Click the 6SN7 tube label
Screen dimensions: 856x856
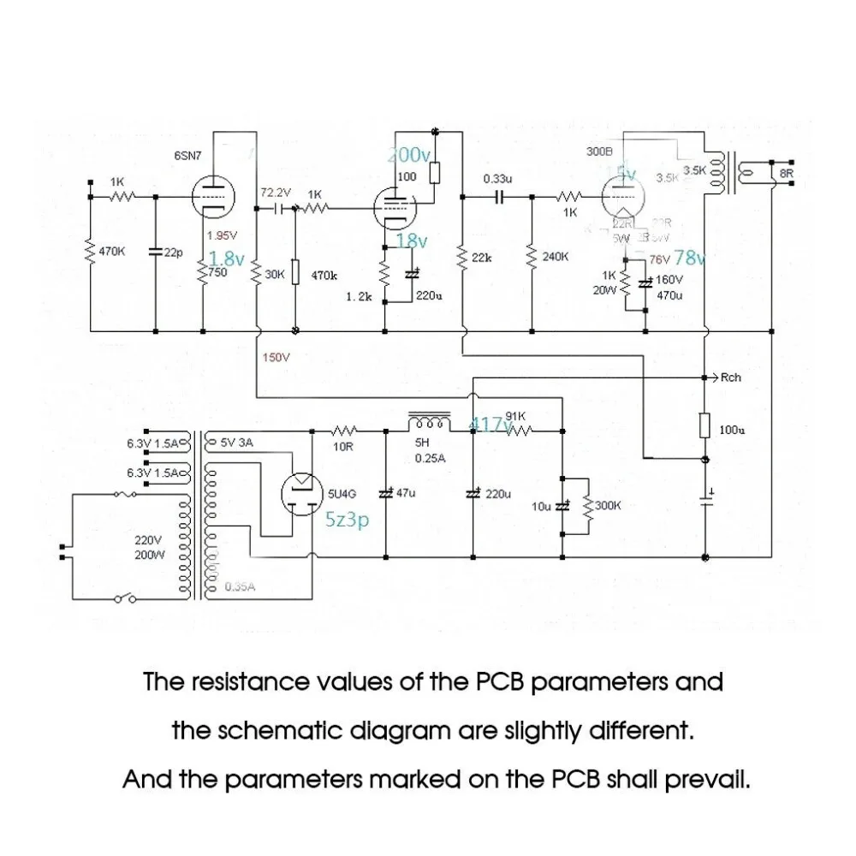click(188, 156)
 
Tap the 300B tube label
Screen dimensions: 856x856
click(599, 151)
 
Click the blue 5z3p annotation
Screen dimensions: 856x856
click(347, 519)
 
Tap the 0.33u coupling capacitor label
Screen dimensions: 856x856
click(497, 179)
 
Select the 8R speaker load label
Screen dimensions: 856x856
click(787, 173)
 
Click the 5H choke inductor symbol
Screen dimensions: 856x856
click(428, 423)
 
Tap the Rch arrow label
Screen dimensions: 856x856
click(730, 377)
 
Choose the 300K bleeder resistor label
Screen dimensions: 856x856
click(606, 506)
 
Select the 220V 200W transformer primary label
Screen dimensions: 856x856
click(150, 548)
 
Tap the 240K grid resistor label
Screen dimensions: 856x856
click(556, 257)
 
